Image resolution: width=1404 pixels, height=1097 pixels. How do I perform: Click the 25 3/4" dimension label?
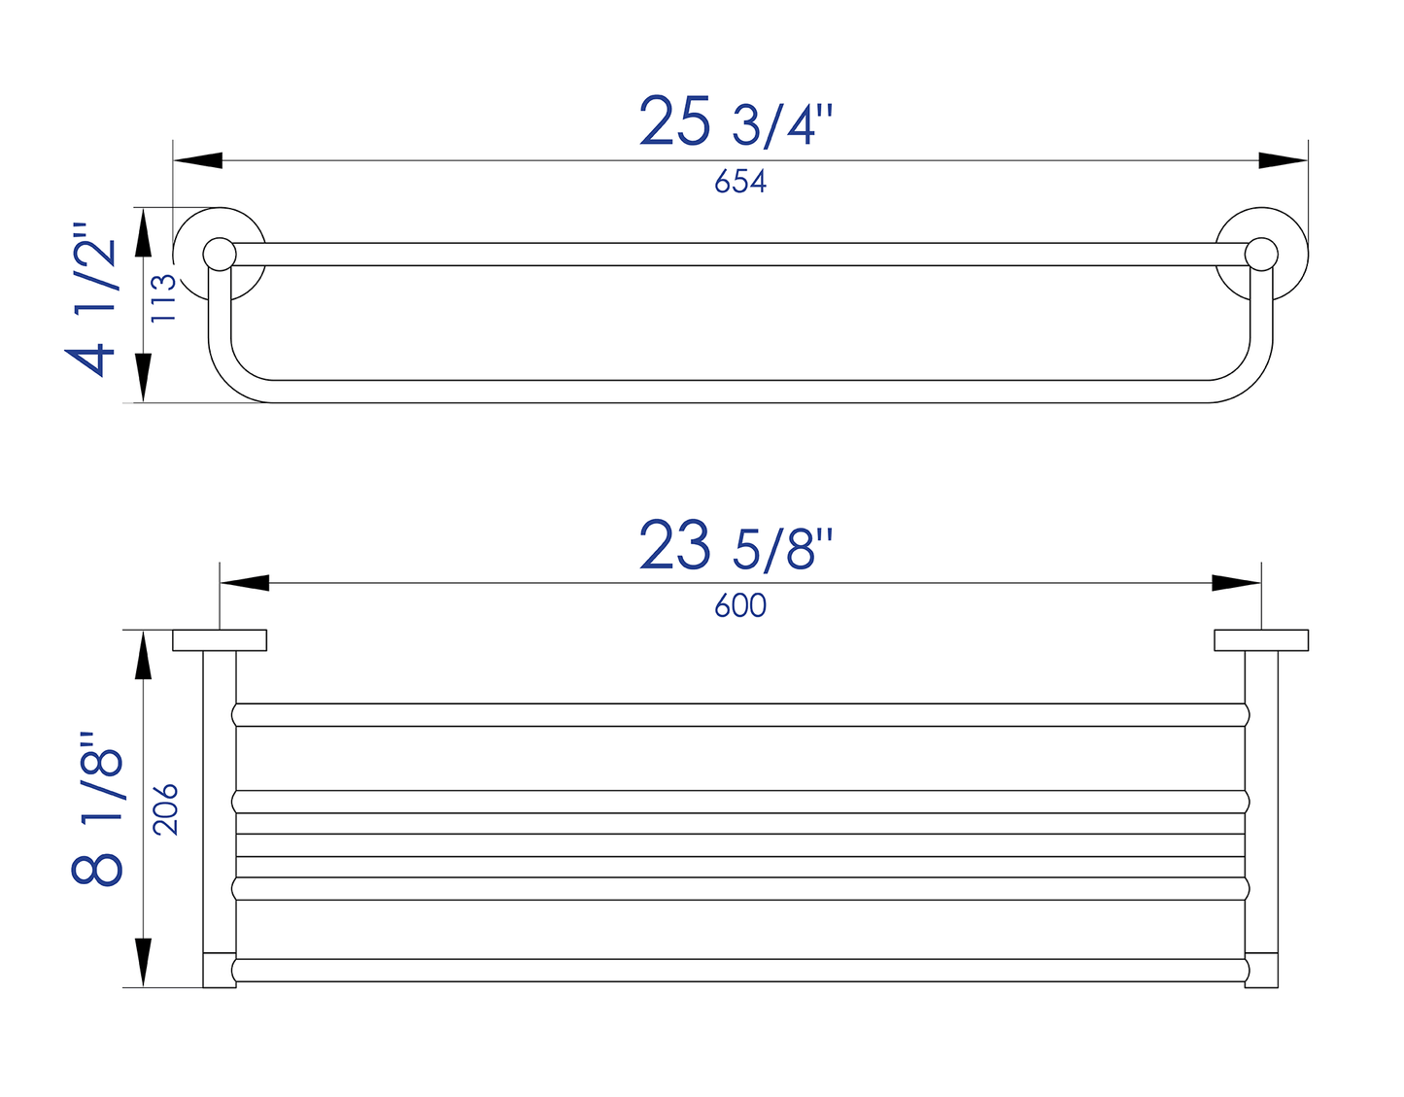[736, 121]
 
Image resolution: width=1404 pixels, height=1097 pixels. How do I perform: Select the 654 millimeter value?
[739, 182]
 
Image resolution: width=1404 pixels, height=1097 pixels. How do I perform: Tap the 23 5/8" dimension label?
[736, 546]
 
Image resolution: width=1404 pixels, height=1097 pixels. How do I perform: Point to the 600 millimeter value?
[739, 606]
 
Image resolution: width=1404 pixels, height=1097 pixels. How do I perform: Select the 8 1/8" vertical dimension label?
[97, 808]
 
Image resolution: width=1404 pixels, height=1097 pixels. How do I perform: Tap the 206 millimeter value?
[166, 808]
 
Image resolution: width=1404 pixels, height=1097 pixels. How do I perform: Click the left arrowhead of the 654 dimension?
[198, 160]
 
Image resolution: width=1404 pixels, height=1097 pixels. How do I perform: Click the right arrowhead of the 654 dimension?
[1283, 160]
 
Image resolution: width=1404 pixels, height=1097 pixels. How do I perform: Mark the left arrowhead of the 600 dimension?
[245, 583]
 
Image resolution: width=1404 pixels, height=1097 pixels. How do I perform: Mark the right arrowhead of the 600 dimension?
[1236, 583]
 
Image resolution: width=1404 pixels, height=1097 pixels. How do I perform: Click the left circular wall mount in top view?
[220, 254]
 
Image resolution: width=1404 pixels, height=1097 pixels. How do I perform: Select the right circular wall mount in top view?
[1262, 254]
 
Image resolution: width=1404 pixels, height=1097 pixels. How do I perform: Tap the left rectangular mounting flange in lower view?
[220, 640]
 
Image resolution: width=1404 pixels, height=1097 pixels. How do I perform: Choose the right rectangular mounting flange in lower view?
[1261, 640]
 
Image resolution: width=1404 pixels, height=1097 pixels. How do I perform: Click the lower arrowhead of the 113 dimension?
[144, 378]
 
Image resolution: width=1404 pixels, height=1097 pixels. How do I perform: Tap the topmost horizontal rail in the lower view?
[739, 714]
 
